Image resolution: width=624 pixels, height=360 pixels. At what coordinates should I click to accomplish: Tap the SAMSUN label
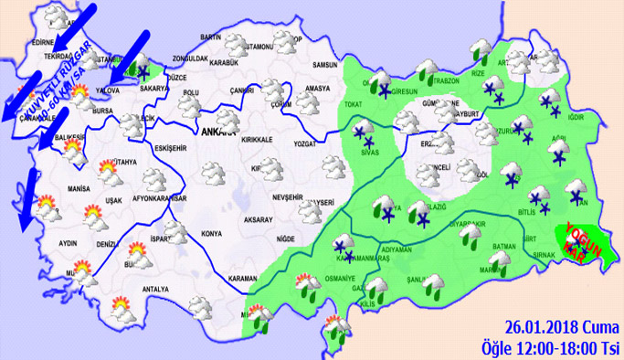325,65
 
